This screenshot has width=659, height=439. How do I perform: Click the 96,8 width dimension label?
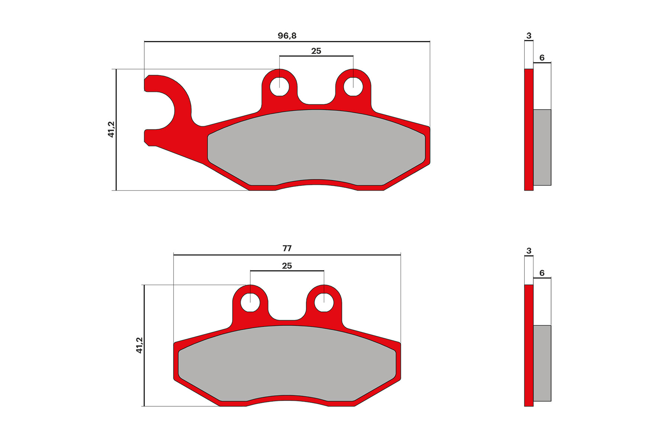(287, 36)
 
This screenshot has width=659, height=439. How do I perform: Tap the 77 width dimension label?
(287, 248)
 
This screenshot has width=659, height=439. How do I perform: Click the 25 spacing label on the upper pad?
(316, 51)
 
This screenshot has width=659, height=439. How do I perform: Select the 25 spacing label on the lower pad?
(287, 266)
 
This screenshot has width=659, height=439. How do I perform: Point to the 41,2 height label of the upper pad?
(111, 129)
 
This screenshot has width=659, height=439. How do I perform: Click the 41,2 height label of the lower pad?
(139, 345)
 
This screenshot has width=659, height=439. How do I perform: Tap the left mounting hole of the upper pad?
(279, 87)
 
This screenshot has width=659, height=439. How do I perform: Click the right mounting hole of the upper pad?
(353, 87)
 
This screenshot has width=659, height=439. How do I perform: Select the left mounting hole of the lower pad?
(250, 303)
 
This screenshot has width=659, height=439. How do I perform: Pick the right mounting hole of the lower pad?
(324, 303)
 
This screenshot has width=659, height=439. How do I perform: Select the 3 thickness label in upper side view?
(529, 36)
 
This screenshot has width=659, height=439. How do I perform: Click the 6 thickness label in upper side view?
(542, 58)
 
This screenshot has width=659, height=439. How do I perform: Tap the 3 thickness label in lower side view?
(529, 251)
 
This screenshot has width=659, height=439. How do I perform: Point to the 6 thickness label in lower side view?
(542, 273)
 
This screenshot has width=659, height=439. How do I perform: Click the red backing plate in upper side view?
(528, 130)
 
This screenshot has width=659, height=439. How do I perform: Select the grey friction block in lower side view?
(542, 363)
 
